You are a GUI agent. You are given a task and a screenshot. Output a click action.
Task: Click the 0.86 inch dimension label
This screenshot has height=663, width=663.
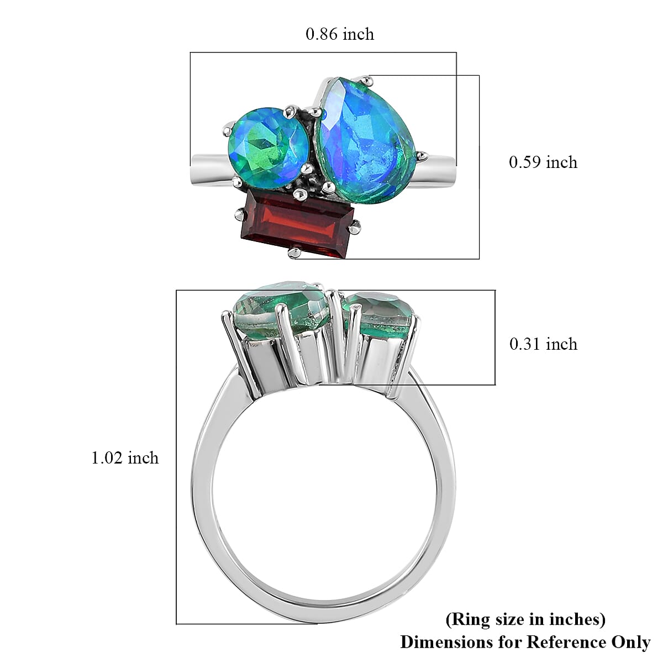click(340, 34)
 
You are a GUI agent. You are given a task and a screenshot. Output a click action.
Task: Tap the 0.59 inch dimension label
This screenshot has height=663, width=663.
click(543, 162)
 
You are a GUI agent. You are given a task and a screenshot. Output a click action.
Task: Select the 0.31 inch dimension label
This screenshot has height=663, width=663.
click(543, 344)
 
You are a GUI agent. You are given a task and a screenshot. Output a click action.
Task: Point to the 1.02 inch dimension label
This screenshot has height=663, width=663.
click(125, 458)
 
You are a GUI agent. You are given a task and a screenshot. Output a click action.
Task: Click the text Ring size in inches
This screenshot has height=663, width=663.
click(525, 619)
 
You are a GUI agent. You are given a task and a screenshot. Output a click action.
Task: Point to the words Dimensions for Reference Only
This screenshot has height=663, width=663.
click(525, 642)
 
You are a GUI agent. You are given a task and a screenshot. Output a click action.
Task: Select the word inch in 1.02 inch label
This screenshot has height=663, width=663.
click(143, 458)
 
